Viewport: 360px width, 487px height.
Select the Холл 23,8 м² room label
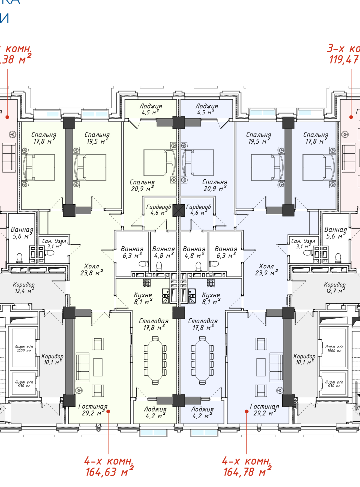tap(92, 269)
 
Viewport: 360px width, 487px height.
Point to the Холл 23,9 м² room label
tap(266, 269)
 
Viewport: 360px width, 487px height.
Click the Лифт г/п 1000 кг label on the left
tap(24, 349)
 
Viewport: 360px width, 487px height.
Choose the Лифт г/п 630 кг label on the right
tap(334, 384)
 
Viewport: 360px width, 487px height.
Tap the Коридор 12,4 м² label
tap(24, 288)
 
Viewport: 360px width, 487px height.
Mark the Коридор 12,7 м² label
tap(335, 288)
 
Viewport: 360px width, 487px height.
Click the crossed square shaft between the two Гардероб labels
tap(179, 210)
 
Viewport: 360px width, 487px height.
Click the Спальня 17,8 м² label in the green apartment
tap(44, 138)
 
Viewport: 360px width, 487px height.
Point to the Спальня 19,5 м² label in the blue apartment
tap(259, 138)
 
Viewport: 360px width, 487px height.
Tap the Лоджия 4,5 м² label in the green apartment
tap(151, 109)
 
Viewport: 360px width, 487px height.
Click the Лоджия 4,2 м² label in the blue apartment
tap(202, 412)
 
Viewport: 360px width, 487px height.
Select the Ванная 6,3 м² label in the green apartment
tap(132, 252)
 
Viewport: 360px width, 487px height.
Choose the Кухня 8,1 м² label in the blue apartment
tap(211, 298)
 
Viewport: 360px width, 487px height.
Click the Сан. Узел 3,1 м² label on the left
tap(54, 243)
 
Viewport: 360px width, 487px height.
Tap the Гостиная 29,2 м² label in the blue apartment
tap(264, 410)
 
